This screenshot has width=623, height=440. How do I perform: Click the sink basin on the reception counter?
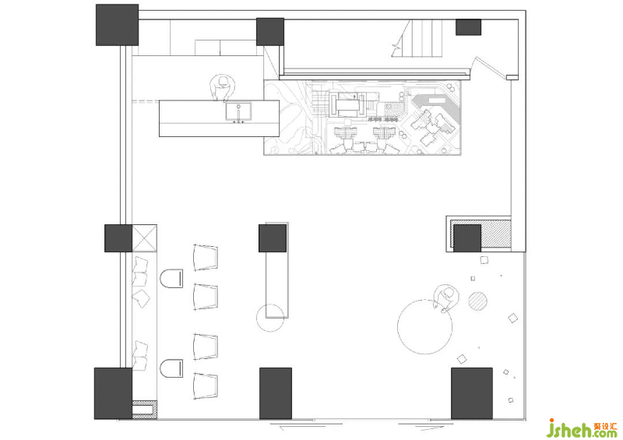pyautogui.click(x=238, y=111)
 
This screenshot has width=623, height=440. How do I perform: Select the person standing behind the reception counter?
pyautogui.click(x=222, y=88)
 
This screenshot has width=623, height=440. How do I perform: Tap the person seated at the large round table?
pyautogui.click(x=447, y=297)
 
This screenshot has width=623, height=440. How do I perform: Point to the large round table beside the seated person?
pyautogui.click(x=424, y=327)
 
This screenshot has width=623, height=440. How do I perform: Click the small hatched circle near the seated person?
pyautogui.click(x=477, y=301)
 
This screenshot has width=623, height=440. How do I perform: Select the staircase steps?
pyautogui.click(x=426, y=39)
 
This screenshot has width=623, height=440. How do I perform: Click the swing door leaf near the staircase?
pyautogui.click(x=491, y=67)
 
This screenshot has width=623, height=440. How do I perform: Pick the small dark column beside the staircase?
pyautogui.click(x=469, y=27)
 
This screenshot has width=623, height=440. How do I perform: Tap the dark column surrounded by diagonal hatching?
pyautogui.click(x=467, y=238)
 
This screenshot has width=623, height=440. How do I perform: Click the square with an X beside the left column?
pyautogui.click(x=144, y=238)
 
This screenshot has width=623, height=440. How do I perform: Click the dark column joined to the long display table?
pyautogui.click(x=273, y=238)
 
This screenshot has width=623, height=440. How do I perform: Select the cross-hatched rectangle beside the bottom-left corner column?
pyautogui.click(x=145, y=410)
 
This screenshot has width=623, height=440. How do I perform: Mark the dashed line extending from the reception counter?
pyautogui.click(x=146, y=101)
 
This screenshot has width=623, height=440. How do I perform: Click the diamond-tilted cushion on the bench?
pyautogui.click(x=142, y=297)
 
